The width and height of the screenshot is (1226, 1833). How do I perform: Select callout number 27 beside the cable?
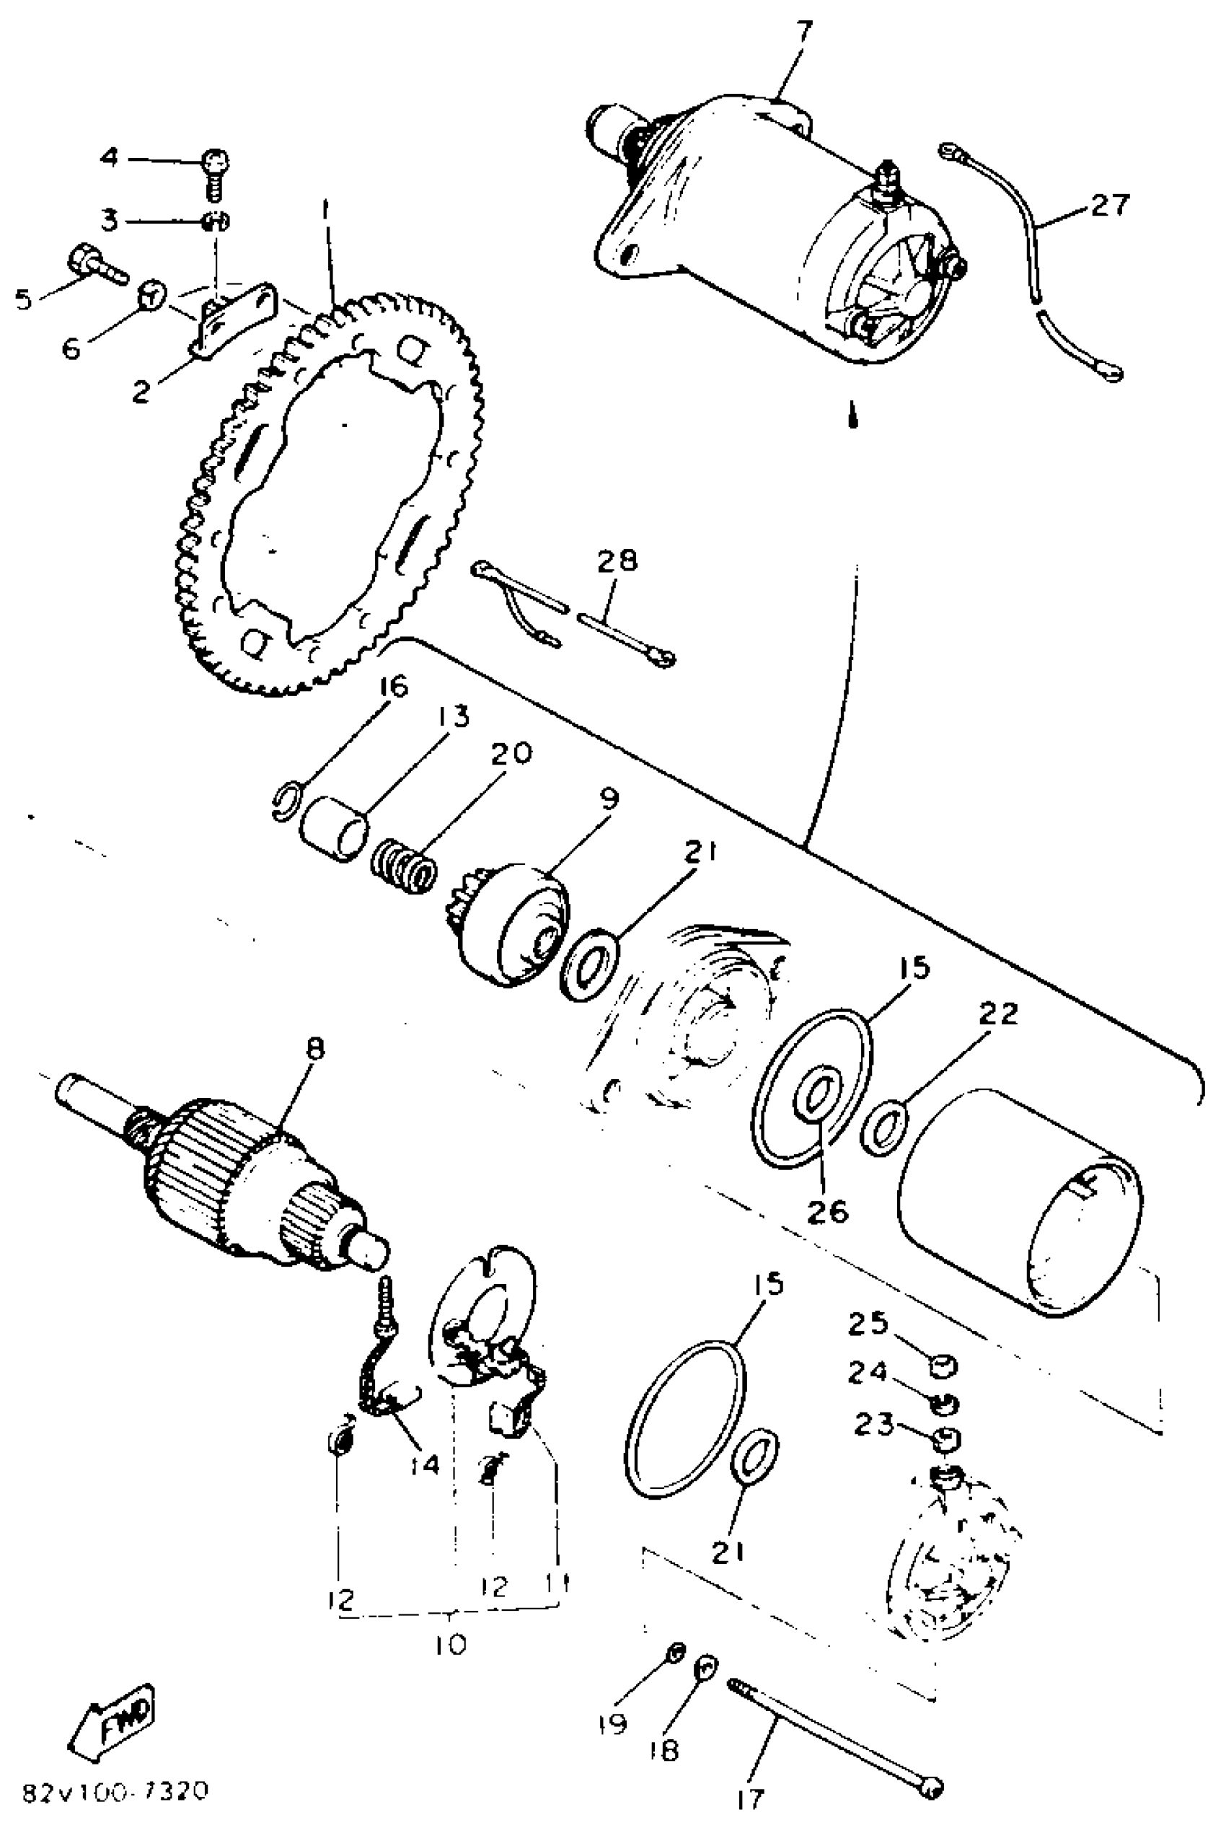click(1111, 206)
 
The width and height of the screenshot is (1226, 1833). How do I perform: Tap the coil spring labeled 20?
click(403, 866)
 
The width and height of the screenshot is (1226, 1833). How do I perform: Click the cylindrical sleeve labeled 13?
click(334, 828)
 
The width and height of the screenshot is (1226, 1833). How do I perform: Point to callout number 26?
click(828, 1211)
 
